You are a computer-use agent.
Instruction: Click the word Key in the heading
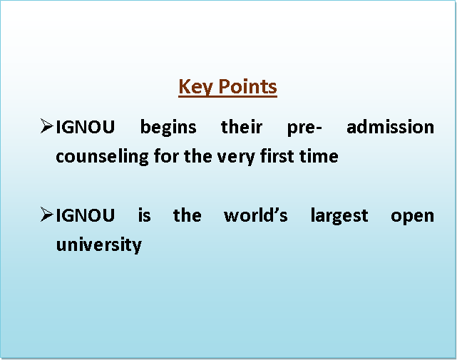coord(195,87)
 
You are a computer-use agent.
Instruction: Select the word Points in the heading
coord(247,86)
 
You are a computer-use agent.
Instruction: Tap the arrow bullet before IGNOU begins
coord(46,126)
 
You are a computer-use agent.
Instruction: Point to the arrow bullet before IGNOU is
coord(46,215)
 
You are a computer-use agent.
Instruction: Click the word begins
coord(168,128)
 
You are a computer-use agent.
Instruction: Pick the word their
coord(242,127)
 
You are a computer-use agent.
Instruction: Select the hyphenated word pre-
coord(304,128)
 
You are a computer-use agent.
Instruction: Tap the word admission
coord(390,127)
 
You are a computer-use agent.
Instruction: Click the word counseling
coord(102,157)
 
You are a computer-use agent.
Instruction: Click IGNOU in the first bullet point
coord(85,127)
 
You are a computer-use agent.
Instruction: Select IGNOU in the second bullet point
coord(85,215)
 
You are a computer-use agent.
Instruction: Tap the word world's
coord(256,215)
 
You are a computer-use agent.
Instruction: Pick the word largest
coord(339,216)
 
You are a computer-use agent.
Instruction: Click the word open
coord(412,217)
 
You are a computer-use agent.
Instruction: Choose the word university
coord(99,245)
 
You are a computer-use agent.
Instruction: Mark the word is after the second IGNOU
coord(144,215)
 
